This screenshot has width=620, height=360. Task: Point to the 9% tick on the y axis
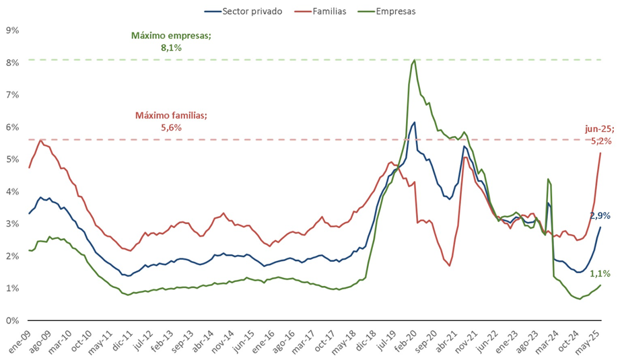(x=11, y=30)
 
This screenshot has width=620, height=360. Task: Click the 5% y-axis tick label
(x=11, y=159)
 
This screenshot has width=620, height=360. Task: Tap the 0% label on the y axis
(x=11, y=321)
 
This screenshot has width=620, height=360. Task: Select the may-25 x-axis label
(x=593, y=340)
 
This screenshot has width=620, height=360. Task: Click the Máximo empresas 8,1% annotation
(x=171, y=41)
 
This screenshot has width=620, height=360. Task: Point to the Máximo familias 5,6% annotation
(x=171, y=121)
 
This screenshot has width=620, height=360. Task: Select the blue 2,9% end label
(x=600, y=215)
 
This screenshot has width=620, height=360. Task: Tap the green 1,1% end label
(x=600, y=274)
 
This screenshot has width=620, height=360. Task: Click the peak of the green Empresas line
(x=413, y=60)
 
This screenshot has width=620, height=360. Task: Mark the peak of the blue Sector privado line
(x=415, y=122)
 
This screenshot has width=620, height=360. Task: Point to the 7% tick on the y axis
(x=11, y=95)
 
